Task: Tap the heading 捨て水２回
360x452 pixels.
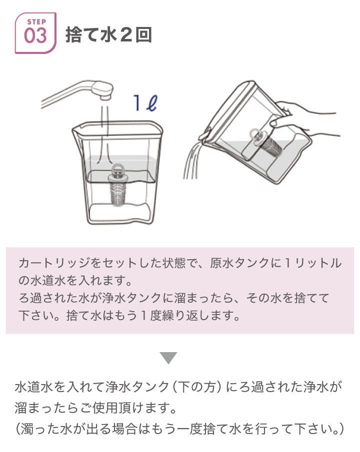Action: [108, 35]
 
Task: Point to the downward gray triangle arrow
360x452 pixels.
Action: [168, 358]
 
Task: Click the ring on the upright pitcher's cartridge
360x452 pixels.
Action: [119, 169]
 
